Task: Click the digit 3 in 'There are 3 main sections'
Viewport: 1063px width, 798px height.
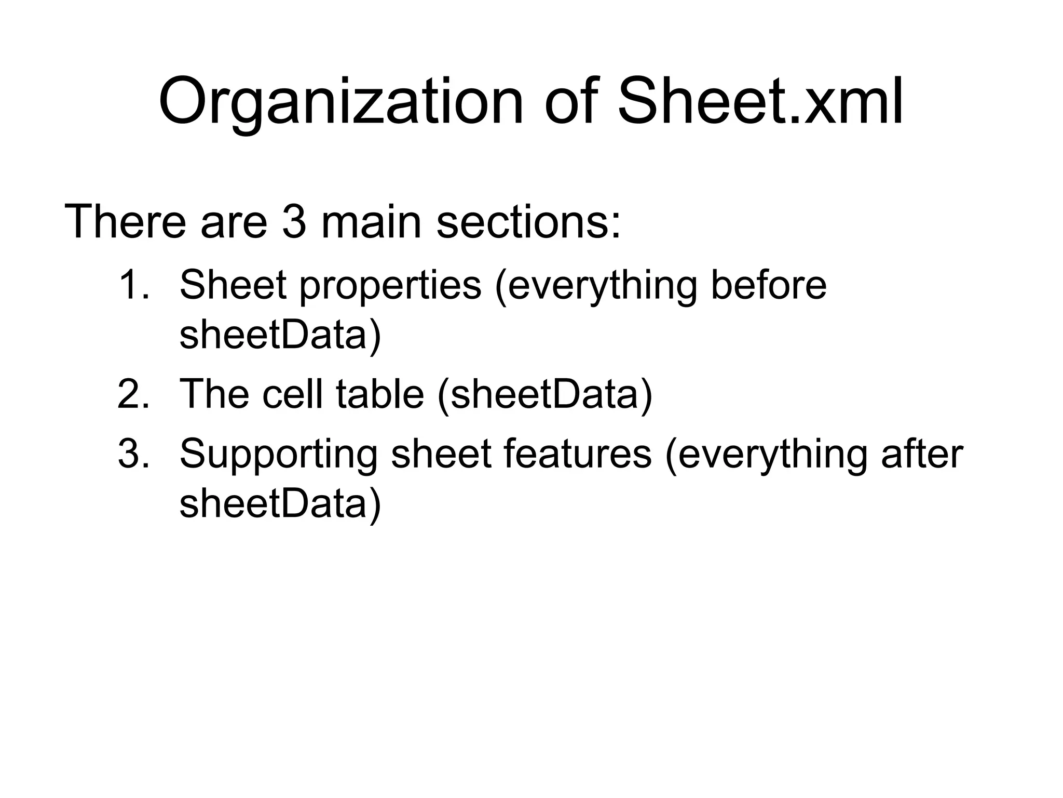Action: [x=294, y=222]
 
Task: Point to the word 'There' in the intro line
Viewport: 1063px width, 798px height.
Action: [x=125, y=222]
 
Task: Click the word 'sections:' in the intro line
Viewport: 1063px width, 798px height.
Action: [x=528, y=222]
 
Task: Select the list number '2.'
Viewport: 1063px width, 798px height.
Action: [x=134, y=393]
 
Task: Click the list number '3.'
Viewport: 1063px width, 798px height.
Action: [x=134, y=454]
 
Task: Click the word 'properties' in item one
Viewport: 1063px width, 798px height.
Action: [x=390, y=286]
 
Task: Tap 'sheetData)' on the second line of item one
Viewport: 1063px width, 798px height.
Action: [x=280, y=335]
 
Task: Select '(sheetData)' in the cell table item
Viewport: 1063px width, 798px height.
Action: [x=545, y=394]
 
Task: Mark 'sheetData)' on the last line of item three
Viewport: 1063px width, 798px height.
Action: [x=280, y=504]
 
